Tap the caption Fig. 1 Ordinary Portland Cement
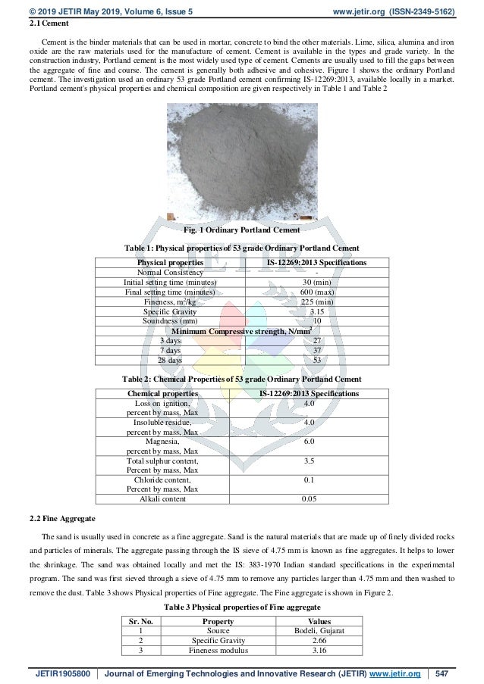click(242, 230)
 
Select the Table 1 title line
click(242, 248)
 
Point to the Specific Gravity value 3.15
click(317, 311)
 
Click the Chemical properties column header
click(163, 394)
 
